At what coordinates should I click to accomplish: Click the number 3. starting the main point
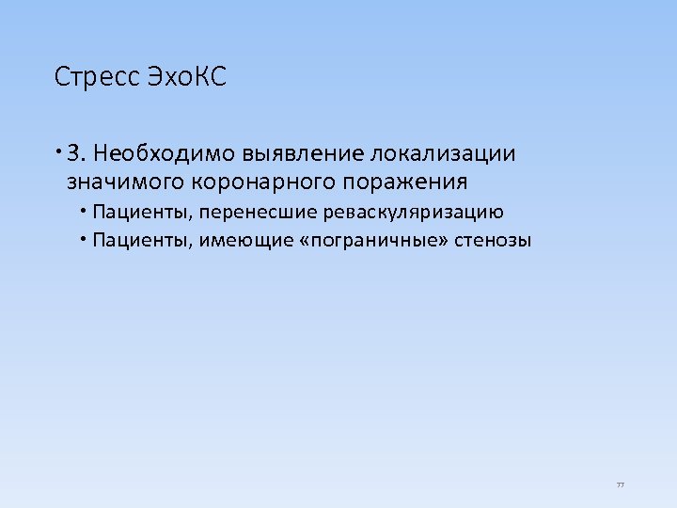pos(77,153)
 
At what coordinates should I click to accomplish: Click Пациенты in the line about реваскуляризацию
pos(142,213)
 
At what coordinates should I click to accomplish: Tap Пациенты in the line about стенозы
pos(142,240)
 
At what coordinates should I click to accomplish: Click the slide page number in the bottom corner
pos(621,484)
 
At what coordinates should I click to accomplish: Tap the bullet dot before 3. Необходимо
pos(58,151)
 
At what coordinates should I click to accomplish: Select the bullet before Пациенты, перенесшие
pos(84,211)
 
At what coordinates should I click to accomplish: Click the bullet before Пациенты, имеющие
pos(84,238)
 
